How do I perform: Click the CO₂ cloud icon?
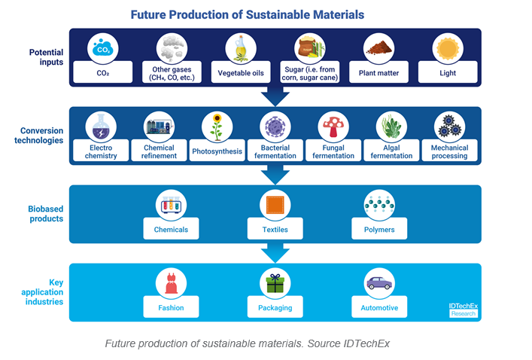pyautogui.click(x=103, y=49)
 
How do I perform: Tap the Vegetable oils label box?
pyautogui.click(x=241, y=73)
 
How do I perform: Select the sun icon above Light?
pyautogui.click(x=448, y=49)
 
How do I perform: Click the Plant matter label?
pyautogui.click(x=378, y=73)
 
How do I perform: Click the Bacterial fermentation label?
pyautogui.click(x=275, y=151)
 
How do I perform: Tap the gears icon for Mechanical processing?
pyautogui.click(x=450, y=127)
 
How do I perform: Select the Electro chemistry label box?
pyautogui.click(x=102, y=151)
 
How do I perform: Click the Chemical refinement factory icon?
pyautogui.click(x=159, y=127)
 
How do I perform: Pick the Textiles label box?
pyautogui.click(x=275, y=229)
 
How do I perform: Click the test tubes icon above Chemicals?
pyautogui.click(x=171, y=204)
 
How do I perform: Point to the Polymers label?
pyautogui.click(x=379, y=229)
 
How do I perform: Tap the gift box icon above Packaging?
pyautogui.click(x=275, y=282)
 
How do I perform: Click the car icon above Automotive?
pyautogui.click(x=378, y=282)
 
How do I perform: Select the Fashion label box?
pyautogui.click(x=171, y=307)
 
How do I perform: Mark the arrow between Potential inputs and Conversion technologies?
pyautogui.click(x=275, y=96)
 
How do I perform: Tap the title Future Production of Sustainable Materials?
pyautogui.click(x=248, y=14)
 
